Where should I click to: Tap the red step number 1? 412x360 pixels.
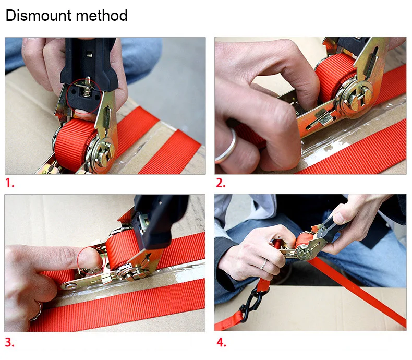click(10, 183)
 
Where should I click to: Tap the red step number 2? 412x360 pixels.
click(221, 183)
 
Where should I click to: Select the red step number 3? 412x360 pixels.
click(10, 342)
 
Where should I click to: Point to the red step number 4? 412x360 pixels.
click(221, 342)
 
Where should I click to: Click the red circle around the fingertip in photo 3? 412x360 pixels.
click(90, 261)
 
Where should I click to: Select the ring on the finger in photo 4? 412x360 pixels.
click(263, 265)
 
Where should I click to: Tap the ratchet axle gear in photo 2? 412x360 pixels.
click(355, 97)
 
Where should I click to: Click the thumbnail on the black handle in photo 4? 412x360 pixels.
click(338, 218)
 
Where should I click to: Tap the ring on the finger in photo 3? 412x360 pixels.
click(38, 311)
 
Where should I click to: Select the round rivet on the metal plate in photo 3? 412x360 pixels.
click(70, 286)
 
